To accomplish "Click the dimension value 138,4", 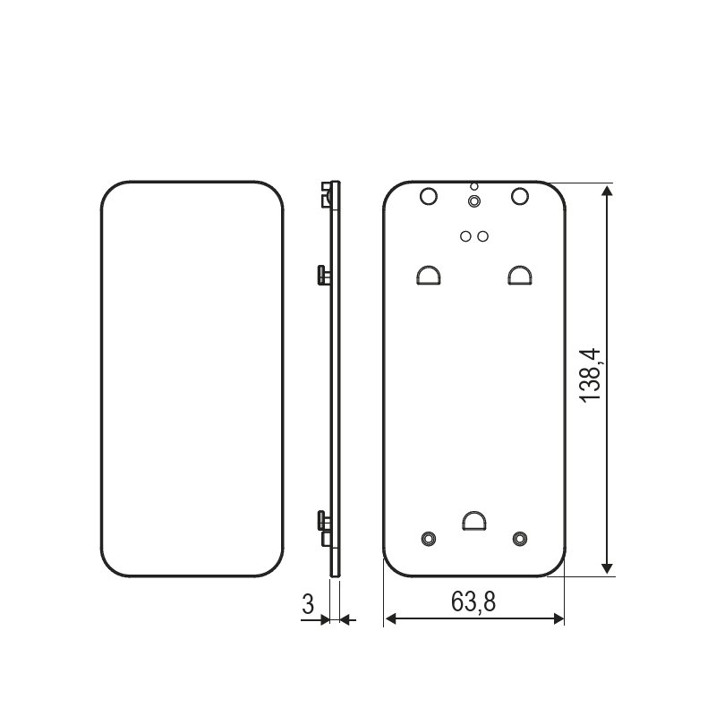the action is [591, 375].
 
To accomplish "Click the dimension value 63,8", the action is [473, 601].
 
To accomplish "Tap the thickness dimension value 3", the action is [308, 604].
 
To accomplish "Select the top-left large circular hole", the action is [429, 196].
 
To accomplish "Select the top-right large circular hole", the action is [520, 196].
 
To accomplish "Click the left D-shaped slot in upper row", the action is [429, 276].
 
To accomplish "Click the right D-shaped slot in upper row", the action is [520, 276].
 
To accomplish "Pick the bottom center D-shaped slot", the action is [474, 521].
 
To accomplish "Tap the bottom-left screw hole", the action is [429, 539].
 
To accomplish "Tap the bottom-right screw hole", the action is [520, 539].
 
